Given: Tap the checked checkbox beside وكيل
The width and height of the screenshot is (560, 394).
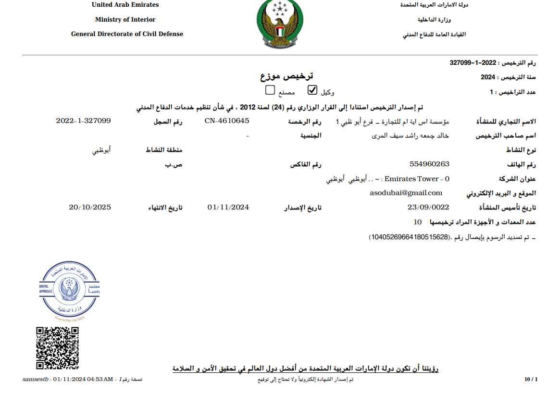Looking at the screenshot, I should pos(312,90).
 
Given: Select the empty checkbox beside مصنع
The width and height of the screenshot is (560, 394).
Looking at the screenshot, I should pos(270,90).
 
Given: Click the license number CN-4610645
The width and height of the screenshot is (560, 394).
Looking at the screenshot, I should pos(227,121).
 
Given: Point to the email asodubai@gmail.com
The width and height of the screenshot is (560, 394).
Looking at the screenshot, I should pos(406,193).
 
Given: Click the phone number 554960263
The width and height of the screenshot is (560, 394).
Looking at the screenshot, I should pos(429,164).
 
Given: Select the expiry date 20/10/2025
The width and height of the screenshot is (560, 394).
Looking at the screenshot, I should pos(90,207).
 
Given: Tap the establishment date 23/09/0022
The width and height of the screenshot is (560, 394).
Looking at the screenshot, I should pos(428,207).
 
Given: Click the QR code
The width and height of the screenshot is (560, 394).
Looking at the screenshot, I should pos(58,348).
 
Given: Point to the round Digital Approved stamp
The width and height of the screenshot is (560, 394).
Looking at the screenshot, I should pos(69,291).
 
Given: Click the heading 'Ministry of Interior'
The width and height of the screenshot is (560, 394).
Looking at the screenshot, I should pos(125,20).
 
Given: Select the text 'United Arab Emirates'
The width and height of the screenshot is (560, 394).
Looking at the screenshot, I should pos(125,5).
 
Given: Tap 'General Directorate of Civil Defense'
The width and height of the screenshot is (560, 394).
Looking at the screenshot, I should pos(127,34).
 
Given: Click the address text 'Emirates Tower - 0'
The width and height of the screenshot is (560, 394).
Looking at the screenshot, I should pos(417,179).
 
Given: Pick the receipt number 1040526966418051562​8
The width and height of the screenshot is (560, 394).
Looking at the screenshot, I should pos(409,237).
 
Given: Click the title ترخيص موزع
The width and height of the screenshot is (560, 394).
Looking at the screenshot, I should pos(286,76).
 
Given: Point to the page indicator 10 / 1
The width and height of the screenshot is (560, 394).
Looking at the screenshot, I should pos(531,380).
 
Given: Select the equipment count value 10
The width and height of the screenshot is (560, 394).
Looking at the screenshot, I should pos(418,222).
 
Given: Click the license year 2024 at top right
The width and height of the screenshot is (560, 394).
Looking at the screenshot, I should pos(487,77).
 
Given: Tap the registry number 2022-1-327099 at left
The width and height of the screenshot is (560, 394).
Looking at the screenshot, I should pos(83,121).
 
